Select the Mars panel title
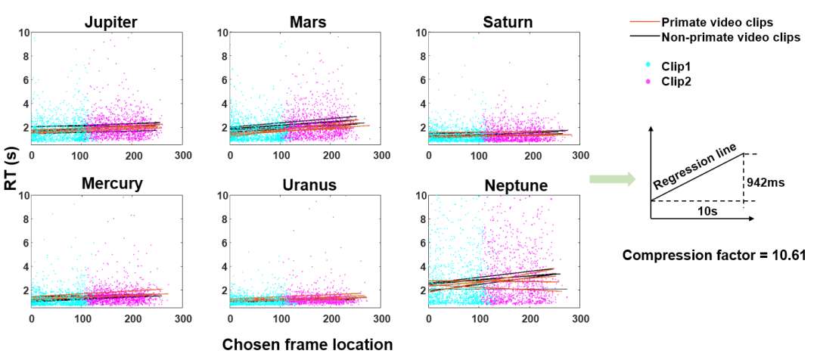pos(308,22)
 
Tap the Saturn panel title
pos(508,22)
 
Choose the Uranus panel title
pos(308,185)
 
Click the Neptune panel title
pos(508,185)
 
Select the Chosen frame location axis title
pos(307,345)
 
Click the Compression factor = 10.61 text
pos(714,256)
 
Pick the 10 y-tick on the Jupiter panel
pos(24,33)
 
